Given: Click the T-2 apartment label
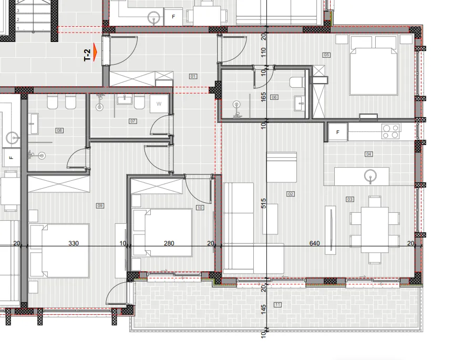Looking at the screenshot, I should pos(87,55).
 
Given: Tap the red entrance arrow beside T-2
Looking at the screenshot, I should pos(96,54).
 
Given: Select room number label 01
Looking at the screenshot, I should pos(193,77).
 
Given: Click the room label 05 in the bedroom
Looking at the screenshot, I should pos(326,55).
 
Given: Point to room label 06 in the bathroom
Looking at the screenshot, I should pos(274,97).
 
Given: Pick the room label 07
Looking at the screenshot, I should pos(133,121).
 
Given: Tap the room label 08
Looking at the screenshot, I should pos(59,130).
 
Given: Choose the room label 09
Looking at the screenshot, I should pos(100,205).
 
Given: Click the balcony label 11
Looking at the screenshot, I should pos(277,305).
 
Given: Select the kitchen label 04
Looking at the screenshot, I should pos(368,154).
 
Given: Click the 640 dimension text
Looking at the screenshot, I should pos(314,243).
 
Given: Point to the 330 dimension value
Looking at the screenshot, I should pos(74,243).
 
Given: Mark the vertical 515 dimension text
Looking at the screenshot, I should pos(264,203).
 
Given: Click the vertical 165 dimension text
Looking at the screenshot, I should pos(264,97).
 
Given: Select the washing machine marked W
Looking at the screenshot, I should pos(159,104).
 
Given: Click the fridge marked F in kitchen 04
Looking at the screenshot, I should pos(337,132).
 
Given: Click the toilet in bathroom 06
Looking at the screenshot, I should pos(297,82).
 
